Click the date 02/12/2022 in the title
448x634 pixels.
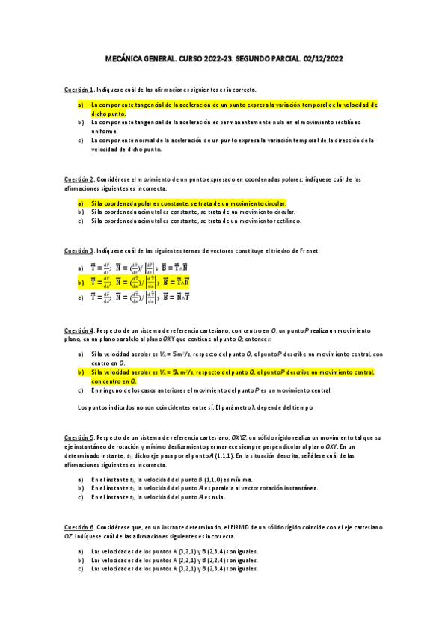pyautogui.click(x=317, y=61)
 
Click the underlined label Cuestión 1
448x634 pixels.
pyautogui.click(x=79, y=90)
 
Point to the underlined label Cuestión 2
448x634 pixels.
pyautogui.click(x=79, y=179)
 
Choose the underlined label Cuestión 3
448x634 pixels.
pyautogui.click(x=79, y=251)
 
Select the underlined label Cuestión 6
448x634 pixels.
pyautogui.click(x=79, y=527)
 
